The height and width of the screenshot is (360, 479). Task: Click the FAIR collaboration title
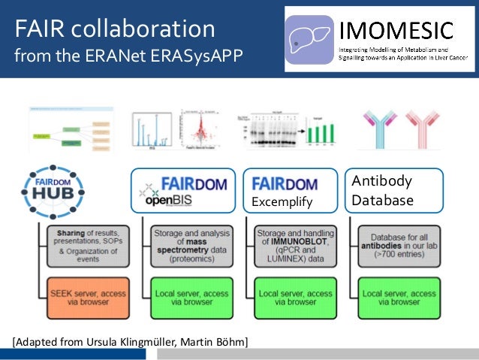click(113, 29)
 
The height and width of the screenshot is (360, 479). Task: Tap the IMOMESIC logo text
click(397, 31)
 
